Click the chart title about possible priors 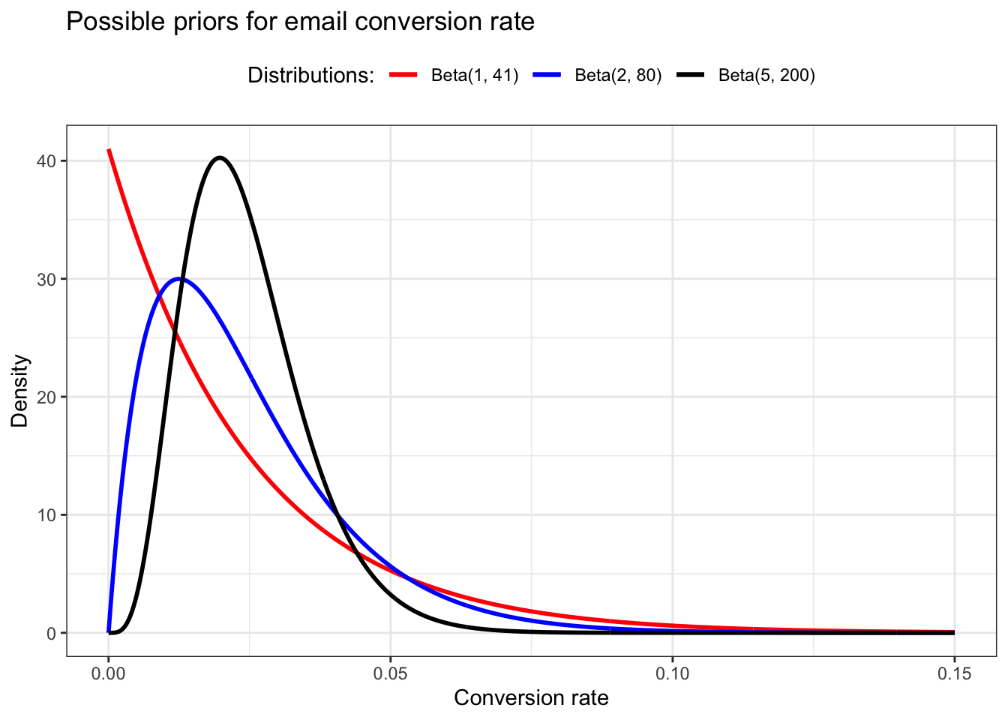(300, 22)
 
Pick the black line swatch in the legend (690, 75)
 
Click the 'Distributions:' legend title (310, 76)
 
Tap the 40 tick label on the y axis (47, 161)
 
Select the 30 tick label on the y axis (47, 279)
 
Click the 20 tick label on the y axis (47, 397)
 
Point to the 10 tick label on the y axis (47, 515)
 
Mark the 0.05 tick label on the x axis (390, 673)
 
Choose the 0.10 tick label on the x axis (672, 673)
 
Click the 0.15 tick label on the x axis (954, 673)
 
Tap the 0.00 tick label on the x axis (109, 673)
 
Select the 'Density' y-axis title (19, 391)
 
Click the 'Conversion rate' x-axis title (531, 698)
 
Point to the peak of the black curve (220, 157)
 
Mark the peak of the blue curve (179, 278)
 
